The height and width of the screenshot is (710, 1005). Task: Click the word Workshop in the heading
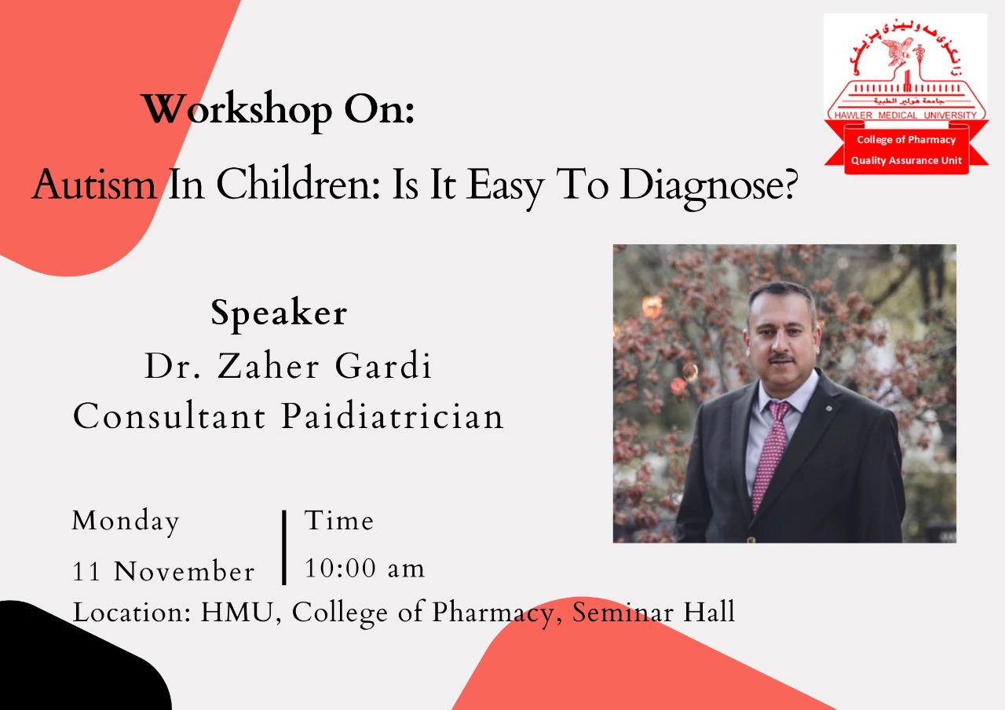pos(237,110)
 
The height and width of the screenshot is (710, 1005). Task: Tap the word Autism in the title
pos(95,185)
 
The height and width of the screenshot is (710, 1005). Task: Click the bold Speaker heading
pos(279,313)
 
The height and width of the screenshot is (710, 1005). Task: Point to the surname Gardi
pos(383,366)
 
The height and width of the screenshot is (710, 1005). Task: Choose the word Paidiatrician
pos(393,416)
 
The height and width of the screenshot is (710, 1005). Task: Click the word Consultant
pos(170,416)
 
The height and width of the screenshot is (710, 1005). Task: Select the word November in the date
pos(184,572)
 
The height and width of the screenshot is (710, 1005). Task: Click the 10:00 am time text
pos(364,568)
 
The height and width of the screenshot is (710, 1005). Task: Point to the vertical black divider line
pos(284,547)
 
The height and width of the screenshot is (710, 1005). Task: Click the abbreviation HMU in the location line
pos(237,612)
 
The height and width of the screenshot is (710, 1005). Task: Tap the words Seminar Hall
pos(654,612)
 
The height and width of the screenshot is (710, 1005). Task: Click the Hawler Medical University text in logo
pos(905,115)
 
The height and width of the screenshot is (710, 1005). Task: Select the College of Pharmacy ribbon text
pos(906,140)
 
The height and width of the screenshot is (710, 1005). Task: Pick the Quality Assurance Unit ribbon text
pos(906,161)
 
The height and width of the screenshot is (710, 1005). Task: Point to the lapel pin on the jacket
pos(828,408)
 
